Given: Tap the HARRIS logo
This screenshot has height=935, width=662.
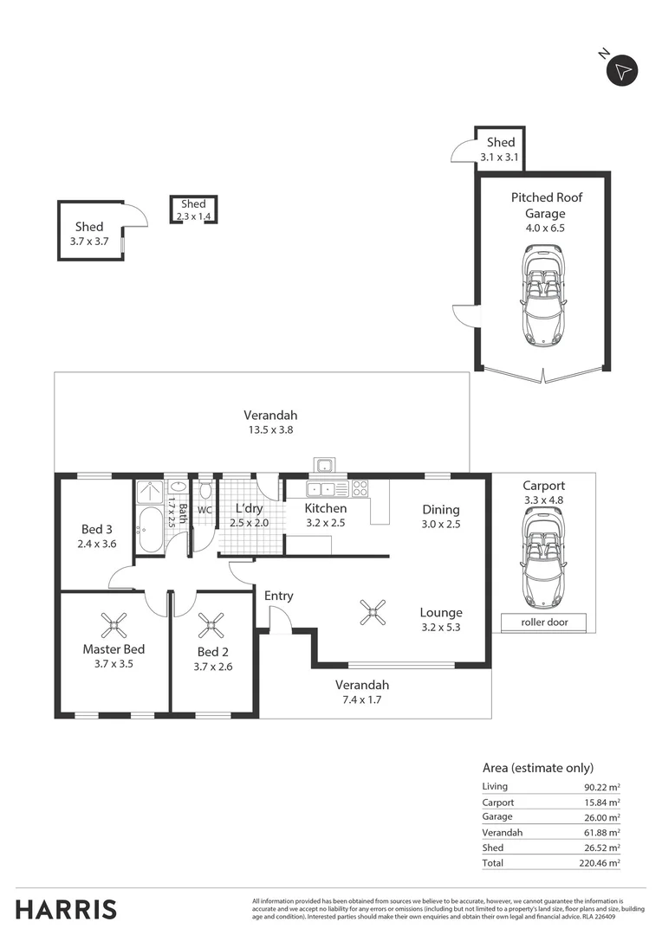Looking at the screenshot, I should coord(66,909).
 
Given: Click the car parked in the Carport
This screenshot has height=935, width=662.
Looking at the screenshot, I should coord(543,558).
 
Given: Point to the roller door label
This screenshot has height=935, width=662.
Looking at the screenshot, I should coord(543,622).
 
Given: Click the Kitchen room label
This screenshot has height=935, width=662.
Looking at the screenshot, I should coord(325,508).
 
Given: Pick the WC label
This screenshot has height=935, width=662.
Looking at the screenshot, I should coord(204,511).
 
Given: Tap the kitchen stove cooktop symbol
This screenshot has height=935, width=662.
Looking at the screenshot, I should coord(360,487).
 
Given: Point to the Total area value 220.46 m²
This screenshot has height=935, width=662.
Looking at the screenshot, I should coord(601,863).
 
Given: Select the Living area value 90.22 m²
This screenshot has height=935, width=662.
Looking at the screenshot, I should coord(602,787).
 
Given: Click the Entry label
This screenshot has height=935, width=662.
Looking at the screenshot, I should coord(278,596).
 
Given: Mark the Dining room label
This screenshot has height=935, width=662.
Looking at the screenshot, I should coord(440,509).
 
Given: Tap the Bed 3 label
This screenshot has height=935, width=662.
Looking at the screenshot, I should coord(96,529).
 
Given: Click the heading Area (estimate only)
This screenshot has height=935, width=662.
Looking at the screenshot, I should coord(537,767).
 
